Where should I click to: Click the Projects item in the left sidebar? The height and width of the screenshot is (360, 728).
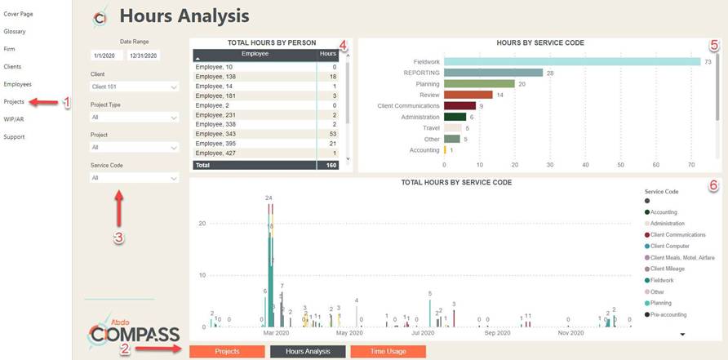[x=14, y=101]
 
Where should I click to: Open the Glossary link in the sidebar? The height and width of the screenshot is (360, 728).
[x=15, y=31]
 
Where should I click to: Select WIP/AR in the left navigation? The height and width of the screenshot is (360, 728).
[x=14, y=118]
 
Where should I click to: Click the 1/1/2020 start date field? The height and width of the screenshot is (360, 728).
[x=107, y=56]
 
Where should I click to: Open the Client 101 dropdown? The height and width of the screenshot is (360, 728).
[x=134, y=86]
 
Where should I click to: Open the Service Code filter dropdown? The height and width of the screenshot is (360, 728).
[x=134, y=177]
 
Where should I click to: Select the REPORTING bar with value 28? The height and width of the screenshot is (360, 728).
[x=493, y=73]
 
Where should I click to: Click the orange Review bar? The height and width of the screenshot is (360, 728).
[x=468, y=95]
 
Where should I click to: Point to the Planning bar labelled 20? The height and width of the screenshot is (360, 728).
[x=478, y=83]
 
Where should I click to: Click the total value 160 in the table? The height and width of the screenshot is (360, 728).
[x=331, y=165]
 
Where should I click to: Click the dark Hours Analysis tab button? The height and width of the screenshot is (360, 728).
[x=308, y=351]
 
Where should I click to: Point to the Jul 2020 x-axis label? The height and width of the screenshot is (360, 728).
[x=422, y=333]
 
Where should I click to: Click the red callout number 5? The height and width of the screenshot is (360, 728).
[x=714, y=45]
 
